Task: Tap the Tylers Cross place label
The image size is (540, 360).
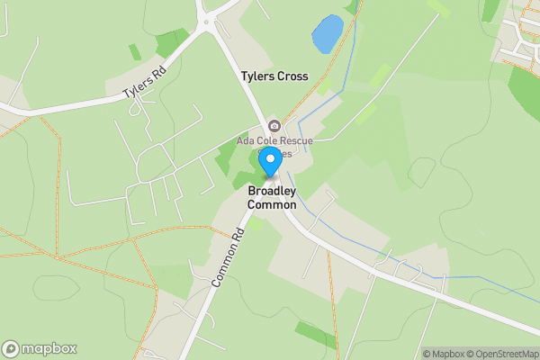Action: (x=274, y=76)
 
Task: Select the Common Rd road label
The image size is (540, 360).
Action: (x=228, y=258)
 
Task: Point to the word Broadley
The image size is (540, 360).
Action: (x=272, y=192)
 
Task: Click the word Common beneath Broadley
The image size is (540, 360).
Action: (x=272, y=205)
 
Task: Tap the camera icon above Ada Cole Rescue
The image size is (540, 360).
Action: (x=274, y=126)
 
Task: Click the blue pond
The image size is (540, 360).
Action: (x=327, y=34)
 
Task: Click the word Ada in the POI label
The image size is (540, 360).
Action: (x=246, y=141)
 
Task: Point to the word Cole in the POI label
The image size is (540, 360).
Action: (x=267, y=141)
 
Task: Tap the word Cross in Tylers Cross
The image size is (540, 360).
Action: (x=292, y=76)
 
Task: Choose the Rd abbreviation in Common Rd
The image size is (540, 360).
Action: (x=239, y=238)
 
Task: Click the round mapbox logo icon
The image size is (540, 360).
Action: (x=11, y=349)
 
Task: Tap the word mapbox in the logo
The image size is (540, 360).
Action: (x=49, y=349)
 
